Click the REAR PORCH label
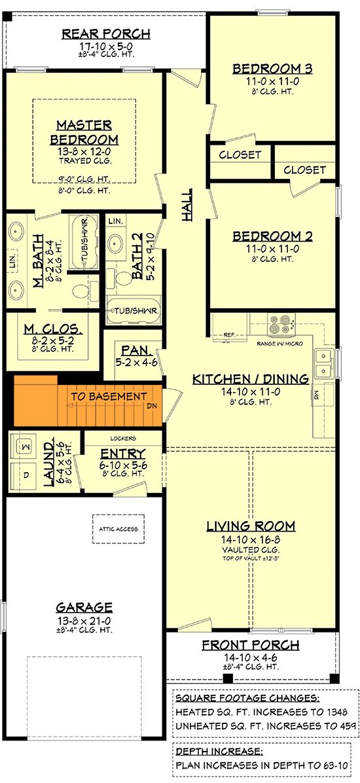[106, 33]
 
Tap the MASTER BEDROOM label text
[84, 132]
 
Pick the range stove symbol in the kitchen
[281, 322]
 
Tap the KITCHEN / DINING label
[250, 379]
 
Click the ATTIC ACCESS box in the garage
[118, 529]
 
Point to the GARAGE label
[84, 607]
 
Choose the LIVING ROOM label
[251, 526]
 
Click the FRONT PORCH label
[251, 646]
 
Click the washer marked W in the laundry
[26, 445]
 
